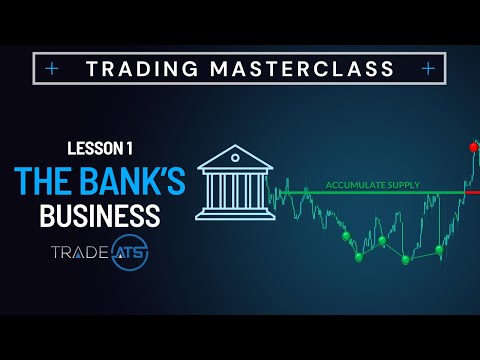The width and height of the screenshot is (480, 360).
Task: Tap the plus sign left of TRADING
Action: [52, 68]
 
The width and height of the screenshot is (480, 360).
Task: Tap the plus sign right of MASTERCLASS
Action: [428, 68]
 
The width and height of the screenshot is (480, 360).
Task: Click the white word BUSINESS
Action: [100, 214]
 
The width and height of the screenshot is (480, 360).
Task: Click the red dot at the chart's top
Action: [474, 147]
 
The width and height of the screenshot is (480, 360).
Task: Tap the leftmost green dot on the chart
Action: [346, 237]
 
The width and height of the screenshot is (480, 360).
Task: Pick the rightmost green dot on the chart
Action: [439, 250]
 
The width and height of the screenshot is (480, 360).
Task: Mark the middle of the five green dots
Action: [382, 240]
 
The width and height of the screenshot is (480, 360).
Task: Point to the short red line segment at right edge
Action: [473, 191]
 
